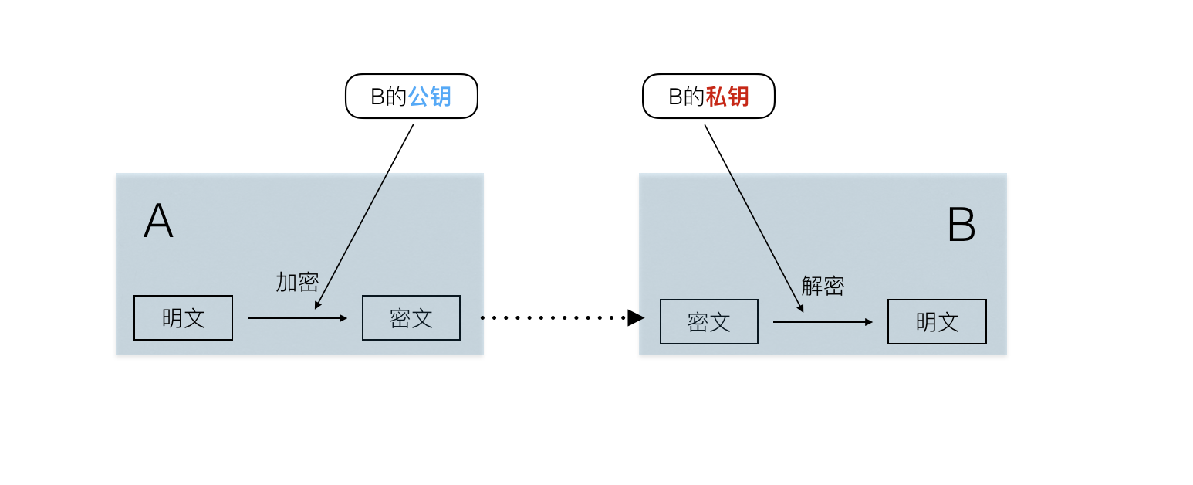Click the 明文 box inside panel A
pyautogui.click(x=183, y=317)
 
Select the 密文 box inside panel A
pyautogui.click(x=411, y=317)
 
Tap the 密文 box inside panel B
pyautogui.click(x=709, y=321)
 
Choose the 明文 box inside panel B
pyautogui.click(x=937, y=321)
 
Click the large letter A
pyautogui.click(x=158, y=222)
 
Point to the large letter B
pyautogui.click(x=961, y=226)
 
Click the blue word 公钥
pyautogui.click(x=430, y=97)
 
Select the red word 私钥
pyautogui.click(x=728, y=97)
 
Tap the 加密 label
pyautogui.click(x=297, y=282)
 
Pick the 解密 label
pyautogui.click(x=823, y=286)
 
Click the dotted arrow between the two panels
pyautogui.click(x=552, y=317)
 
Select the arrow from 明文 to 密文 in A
pyautogui.click(x=297, y=317)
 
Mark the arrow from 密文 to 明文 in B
pyautogui.click(x=823, y=321)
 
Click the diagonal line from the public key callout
pyautogui.click(x=364, y=216)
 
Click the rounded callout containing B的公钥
pyautogui.click(x=411, y=97)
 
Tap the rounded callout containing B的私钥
pyautogui.click(x=708, y=97)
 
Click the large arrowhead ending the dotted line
pyautogui.click(x=636, y=317)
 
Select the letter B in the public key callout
pyautogui.click(x=377, y=97)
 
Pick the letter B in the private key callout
pyautogui.click(x=675, y=97)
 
